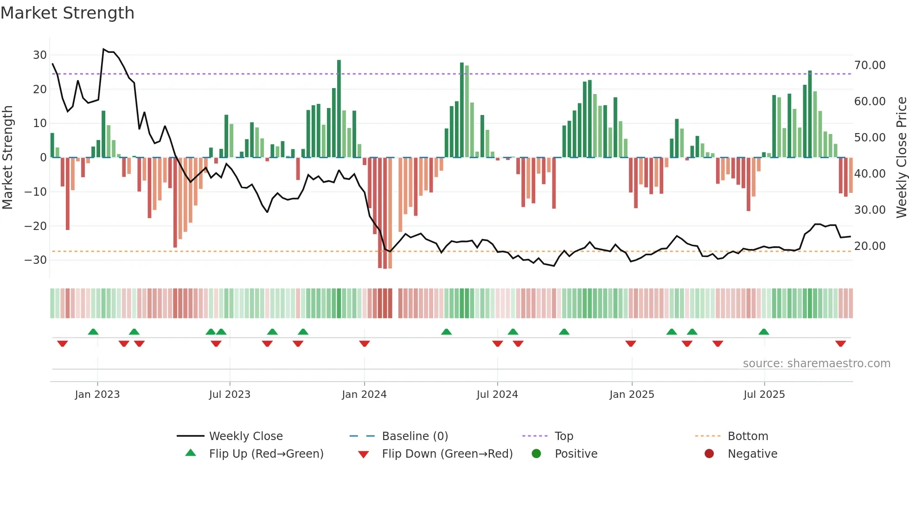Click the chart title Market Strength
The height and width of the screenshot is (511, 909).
tap(67, 13)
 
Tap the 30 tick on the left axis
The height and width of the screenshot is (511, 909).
tap(40, 55)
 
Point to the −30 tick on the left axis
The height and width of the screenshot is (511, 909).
tap(36, 260)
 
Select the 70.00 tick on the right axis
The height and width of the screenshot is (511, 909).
tap(870, 65)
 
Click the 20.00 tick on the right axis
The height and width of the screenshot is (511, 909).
tap(870, 246)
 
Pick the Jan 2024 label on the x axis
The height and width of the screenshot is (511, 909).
tap(364, 395)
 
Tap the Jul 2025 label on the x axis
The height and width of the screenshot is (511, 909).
tap(764, 395)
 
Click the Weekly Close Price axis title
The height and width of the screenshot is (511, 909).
tap(901, 158)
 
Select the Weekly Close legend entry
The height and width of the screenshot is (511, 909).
tap(245, 436)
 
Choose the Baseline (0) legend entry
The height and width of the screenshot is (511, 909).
tap(415, 436)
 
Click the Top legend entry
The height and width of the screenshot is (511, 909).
tap(563, 436)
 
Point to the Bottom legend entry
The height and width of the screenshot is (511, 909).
tap(748, 436)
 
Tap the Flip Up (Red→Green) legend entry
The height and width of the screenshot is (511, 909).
tap(266, 454)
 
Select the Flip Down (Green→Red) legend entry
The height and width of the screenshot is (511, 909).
tap(447, 454)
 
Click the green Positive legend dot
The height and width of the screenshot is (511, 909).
tap(537, 454)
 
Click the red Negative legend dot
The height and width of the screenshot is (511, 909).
tap(709, 454)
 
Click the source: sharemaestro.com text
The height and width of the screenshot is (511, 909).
tap(816, 364)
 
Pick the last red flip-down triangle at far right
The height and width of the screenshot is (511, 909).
tap(840, 344)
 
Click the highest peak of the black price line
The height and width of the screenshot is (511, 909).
tap(103, 49)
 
